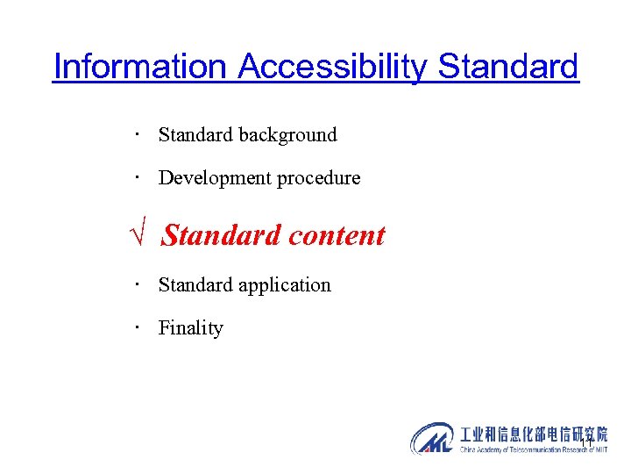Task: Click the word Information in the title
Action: tap(140, 67)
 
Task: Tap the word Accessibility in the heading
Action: tap(333, 67)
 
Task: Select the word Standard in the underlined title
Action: tap(508, 67)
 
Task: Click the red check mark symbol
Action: tap(138, 236)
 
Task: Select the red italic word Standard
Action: tap(221, 235)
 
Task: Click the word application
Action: tap(286, 285)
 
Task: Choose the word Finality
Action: tap(191, 328)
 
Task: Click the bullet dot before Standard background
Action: tap(138, 135)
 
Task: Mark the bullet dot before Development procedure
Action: tap(138, 178)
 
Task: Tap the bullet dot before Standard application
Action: tap(138, 285)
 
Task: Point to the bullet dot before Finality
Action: tap(138, 327)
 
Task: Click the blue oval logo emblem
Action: tap(432, 438)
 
